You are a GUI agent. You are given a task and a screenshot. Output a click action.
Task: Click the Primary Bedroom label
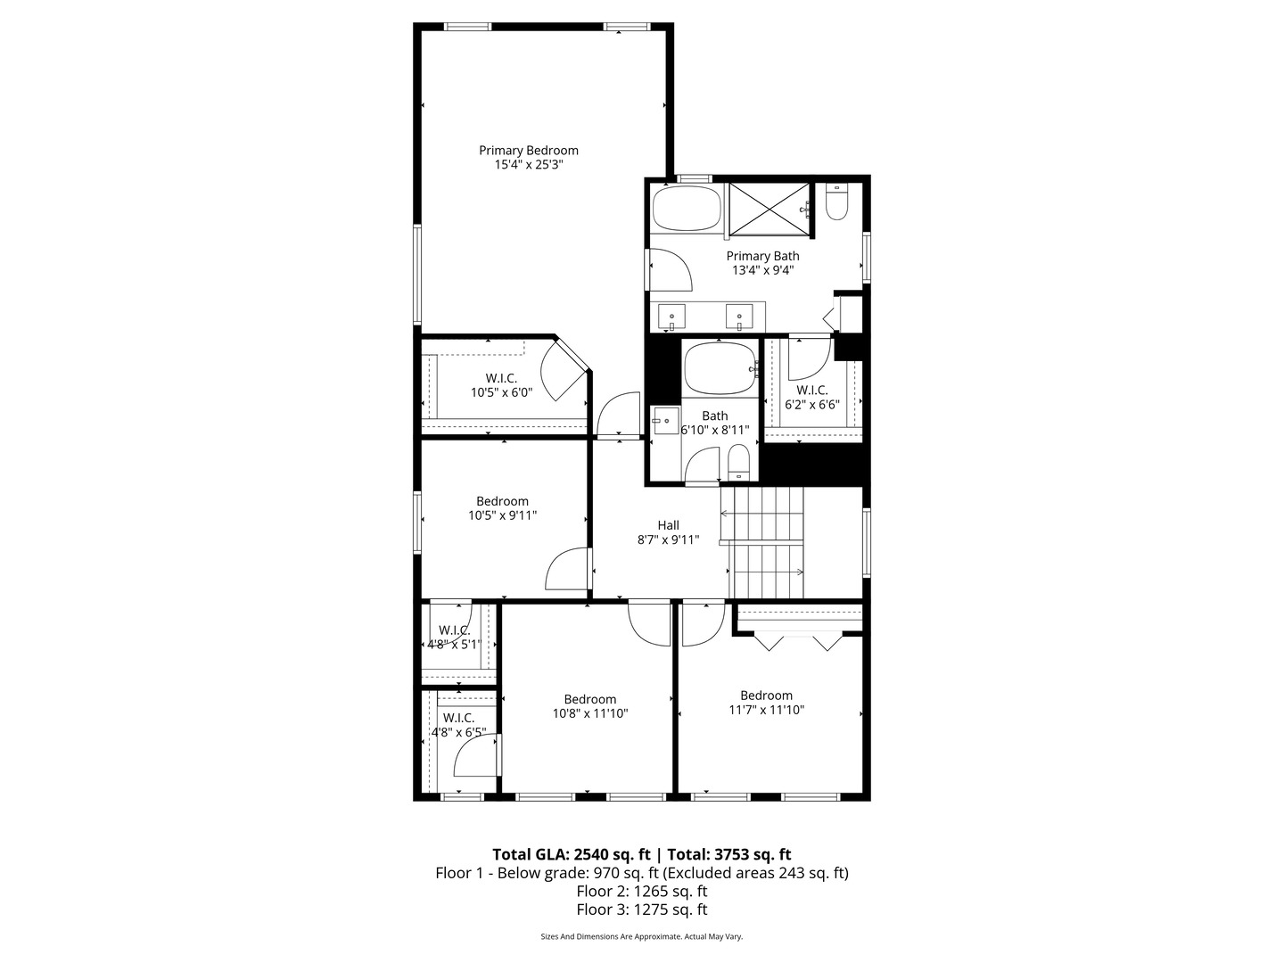(528, 151)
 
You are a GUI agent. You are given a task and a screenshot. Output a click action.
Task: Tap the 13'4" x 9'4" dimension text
(762, 270)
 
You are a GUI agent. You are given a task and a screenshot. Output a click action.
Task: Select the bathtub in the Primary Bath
(686, 209)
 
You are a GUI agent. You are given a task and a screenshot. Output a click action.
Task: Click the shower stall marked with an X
(770, 210)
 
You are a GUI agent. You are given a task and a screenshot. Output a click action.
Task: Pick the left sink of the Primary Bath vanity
(671, 316)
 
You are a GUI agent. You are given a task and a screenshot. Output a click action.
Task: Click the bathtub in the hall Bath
(719, 368)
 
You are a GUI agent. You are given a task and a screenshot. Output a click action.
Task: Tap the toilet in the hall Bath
(738, 462)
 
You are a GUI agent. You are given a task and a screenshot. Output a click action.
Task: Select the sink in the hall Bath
(663, 420)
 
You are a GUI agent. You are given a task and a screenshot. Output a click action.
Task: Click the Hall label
(668, 525)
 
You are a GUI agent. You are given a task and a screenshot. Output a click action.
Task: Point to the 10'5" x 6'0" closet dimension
(501, 392)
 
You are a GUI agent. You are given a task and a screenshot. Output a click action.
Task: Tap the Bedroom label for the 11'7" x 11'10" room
(766, 695)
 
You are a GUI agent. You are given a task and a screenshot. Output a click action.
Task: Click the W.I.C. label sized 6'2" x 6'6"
(811, 391)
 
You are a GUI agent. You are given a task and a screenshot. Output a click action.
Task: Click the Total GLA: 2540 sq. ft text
(571, 854)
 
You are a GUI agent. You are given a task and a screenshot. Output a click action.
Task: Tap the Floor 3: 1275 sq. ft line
(641, 909)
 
